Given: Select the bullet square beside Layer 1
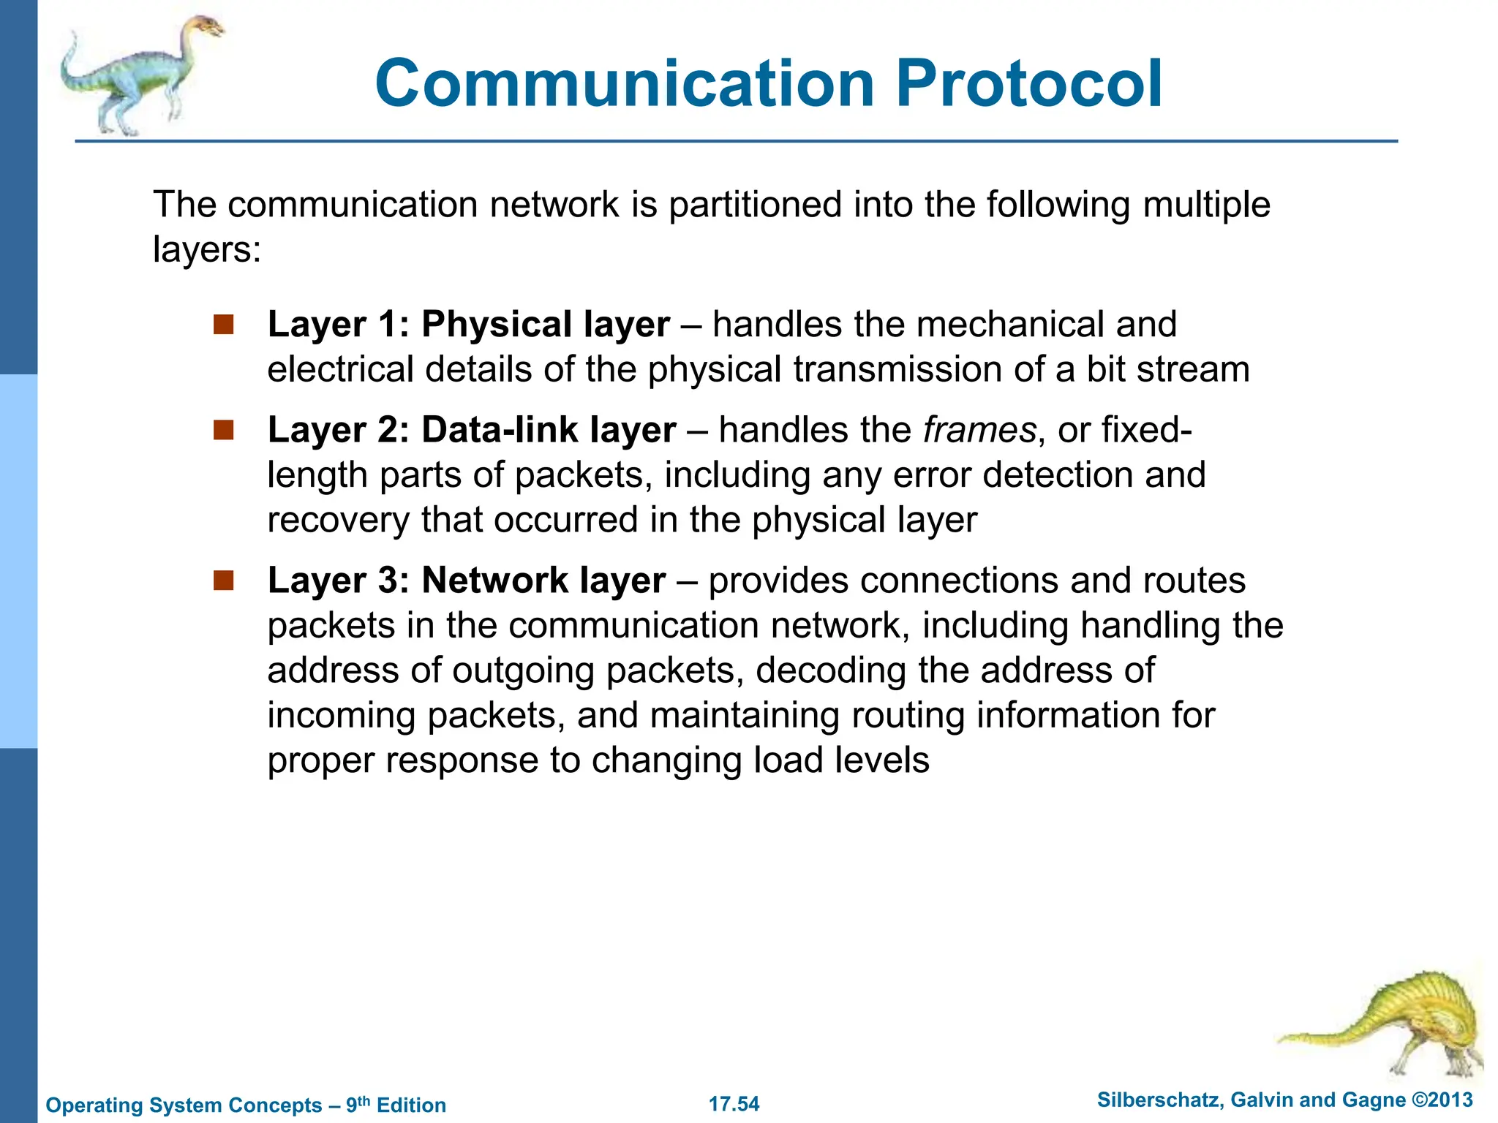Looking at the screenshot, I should (223, 324).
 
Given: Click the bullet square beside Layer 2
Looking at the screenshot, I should (223, 430).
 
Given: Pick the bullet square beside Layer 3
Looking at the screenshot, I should (223, 581).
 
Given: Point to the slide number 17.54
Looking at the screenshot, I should (734, 1104).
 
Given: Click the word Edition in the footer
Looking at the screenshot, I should (411, 1105).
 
